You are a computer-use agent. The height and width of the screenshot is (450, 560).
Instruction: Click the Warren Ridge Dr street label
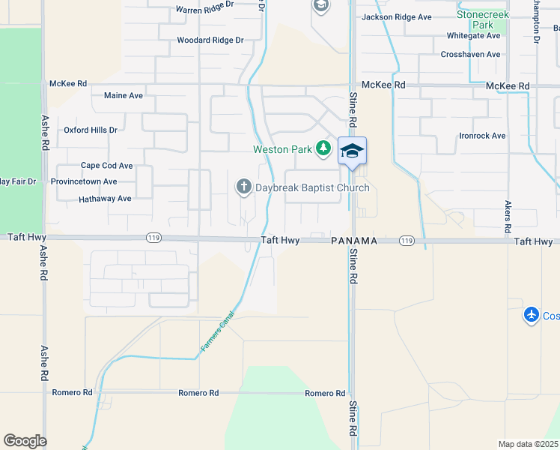[x=204, y=10]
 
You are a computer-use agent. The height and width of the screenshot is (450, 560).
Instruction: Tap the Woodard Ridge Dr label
[x=210, y=40]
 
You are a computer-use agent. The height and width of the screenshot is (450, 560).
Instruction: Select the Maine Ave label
[x=124, y=96]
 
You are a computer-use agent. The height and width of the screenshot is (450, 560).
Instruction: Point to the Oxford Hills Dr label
[x=91, y=130]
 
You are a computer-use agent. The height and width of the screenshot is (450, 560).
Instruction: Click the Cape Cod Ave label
[x=107, y=166]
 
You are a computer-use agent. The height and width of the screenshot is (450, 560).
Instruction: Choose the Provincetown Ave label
[x=84, y=181]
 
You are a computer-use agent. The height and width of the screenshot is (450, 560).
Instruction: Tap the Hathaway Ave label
[x=105, y=199]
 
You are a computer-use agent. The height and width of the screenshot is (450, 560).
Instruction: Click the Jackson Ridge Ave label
[x=397, y=17]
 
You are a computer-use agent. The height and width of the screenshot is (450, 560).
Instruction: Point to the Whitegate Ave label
[x=473, y=36]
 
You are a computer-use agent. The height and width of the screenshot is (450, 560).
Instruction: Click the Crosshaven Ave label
[x=470, y=55]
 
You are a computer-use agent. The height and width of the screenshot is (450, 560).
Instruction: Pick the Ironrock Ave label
[x=482, y=136]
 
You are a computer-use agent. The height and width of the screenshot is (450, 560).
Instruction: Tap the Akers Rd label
[x=508, y=215]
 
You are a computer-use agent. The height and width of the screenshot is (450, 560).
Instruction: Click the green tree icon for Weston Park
[x=323, y=148]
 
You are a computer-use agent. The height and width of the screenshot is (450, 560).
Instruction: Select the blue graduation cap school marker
[x=352, y=151]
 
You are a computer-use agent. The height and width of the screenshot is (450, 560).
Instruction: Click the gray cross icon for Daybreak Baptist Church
[x=243, y=187]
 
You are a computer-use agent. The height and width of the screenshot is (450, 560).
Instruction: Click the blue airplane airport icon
[x=532, y=316]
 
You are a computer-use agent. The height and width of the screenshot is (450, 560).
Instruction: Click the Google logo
[x=25, y=441]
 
